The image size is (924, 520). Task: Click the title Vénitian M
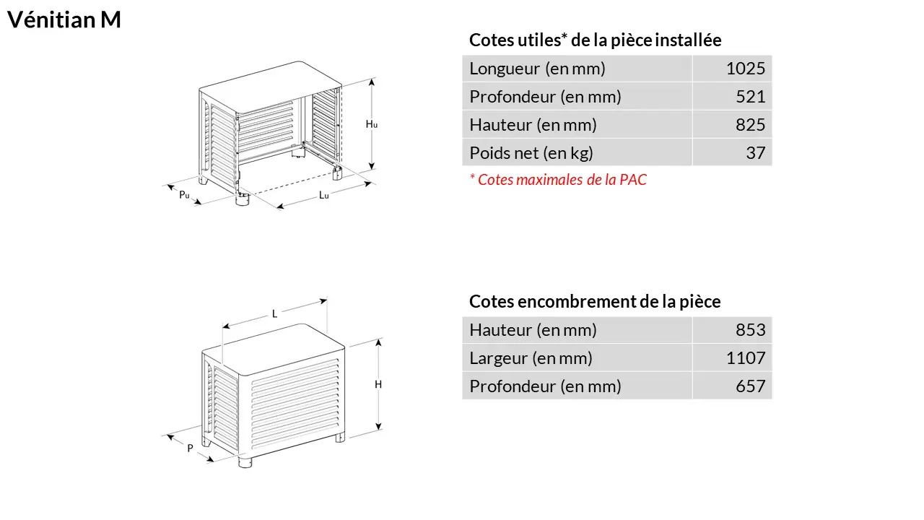[64, 19]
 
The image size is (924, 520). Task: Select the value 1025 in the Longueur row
[746, 69]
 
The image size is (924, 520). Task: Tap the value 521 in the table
[750, 97]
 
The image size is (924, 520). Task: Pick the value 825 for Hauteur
[750, 125]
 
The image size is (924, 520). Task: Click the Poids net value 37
[756, 152]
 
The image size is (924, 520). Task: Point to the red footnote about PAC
[558, 180]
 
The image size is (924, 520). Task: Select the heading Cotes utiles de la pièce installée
[596, 40]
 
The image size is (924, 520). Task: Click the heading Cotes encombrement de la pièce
[595, 301]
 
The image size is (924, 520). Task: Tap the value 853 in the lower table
[750, 330]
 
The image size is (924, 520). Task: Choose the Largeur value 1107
[746, 357]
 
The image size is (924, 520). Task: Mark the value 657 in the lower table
[750, 386]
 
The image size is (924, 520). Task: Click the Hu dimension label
[371, 123]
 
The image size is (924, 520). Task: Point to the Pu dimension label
[184, 194]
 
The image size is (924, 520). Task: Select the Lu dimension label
[324, 195]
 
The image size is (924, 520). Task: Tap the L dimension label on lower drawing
[275, 314]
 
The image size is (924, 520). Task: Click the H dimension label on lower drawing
[378, 385]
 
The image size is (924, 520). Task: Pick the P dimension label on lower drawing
[190, 448]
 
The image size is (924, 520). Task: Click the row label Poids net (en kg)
[531, 153]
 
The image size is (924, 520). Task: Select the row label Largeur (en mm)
[531, 358]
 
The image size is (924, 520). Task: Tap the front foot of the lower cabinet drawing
[245, 461]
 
